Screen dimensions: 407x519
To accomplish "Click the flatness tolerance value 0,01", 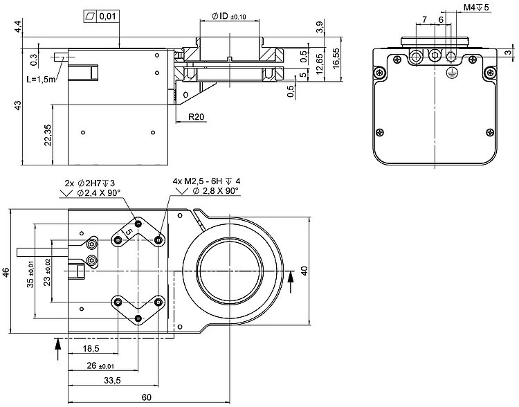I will (x=107, y=16).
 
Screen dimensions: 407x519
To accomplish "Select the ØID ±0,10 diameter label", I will (x=230, y=16).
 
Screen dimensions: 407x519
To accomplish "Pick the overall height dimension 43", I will (x=19, y=105).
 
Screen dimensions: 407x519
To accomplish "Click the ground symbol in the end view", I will (x=451, y=69).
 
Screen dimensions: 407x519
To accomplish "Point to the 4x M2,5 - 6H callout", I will (x=206, y=182).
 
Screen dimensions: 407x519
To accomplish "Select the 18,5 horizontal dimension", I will (x=91, y=348).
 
